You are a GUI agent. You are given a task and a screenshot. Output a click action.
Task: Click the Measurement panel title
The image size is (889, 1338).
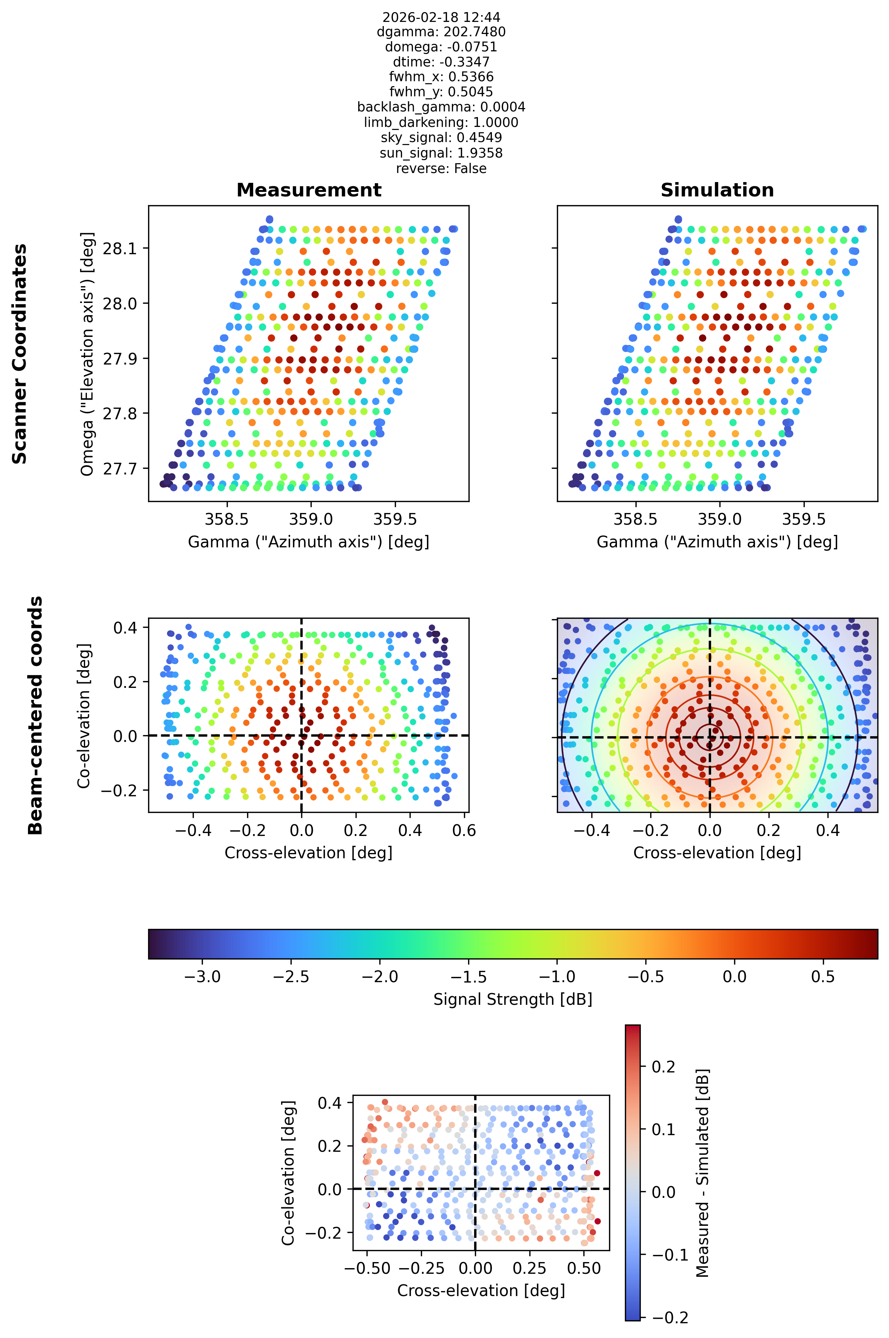coord(309,190)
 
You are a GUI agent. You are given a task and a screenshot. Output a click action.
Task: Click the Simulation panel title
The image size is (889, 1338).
coord(717,190)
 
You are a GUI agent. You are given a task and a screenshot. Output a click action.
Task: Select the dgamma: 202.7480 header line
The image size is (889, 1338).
coord(441,32)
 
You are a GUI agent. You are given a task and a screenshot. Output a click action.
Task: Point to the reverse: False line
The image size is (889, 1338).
coord(441,168)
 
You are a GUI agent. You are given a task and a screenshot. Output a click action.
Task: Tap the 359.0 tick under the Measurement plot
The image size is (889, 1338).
coord(311,519)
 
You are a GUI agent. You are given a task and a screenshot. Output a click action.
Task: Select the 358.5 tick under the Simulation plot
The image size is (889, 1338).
coord(635,519)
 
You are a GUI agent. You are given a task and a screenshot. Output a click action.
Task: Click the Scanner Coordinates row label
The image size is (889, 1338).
coord(20,354)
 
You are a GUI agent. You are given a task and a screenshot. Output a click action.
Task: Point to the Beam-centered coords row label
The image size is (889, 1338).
coord(35,715)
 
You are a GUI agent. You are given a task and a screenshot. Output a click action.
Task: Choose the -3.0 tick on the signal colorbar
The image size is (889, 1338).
coord(203,976)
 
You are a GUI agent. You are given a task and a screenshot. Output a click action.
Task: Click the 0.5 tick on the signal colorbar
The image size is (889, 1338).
coord(823,976)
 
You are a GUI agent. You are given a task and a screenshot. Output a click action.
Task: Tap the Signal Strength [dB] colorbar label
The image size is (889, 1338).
coord(513,999)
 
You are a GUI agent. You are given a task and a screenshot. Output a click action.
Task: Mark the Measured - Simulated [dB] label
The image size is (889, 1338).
coord(702,1173)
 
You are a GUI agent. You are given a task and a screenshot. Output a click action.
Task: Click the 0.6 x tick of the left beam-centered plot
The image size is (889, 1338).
coord(464,830)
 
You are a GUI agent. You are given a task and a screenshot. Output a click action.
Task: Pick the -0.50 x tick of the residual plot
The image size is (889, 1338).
coord(367,1268)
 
